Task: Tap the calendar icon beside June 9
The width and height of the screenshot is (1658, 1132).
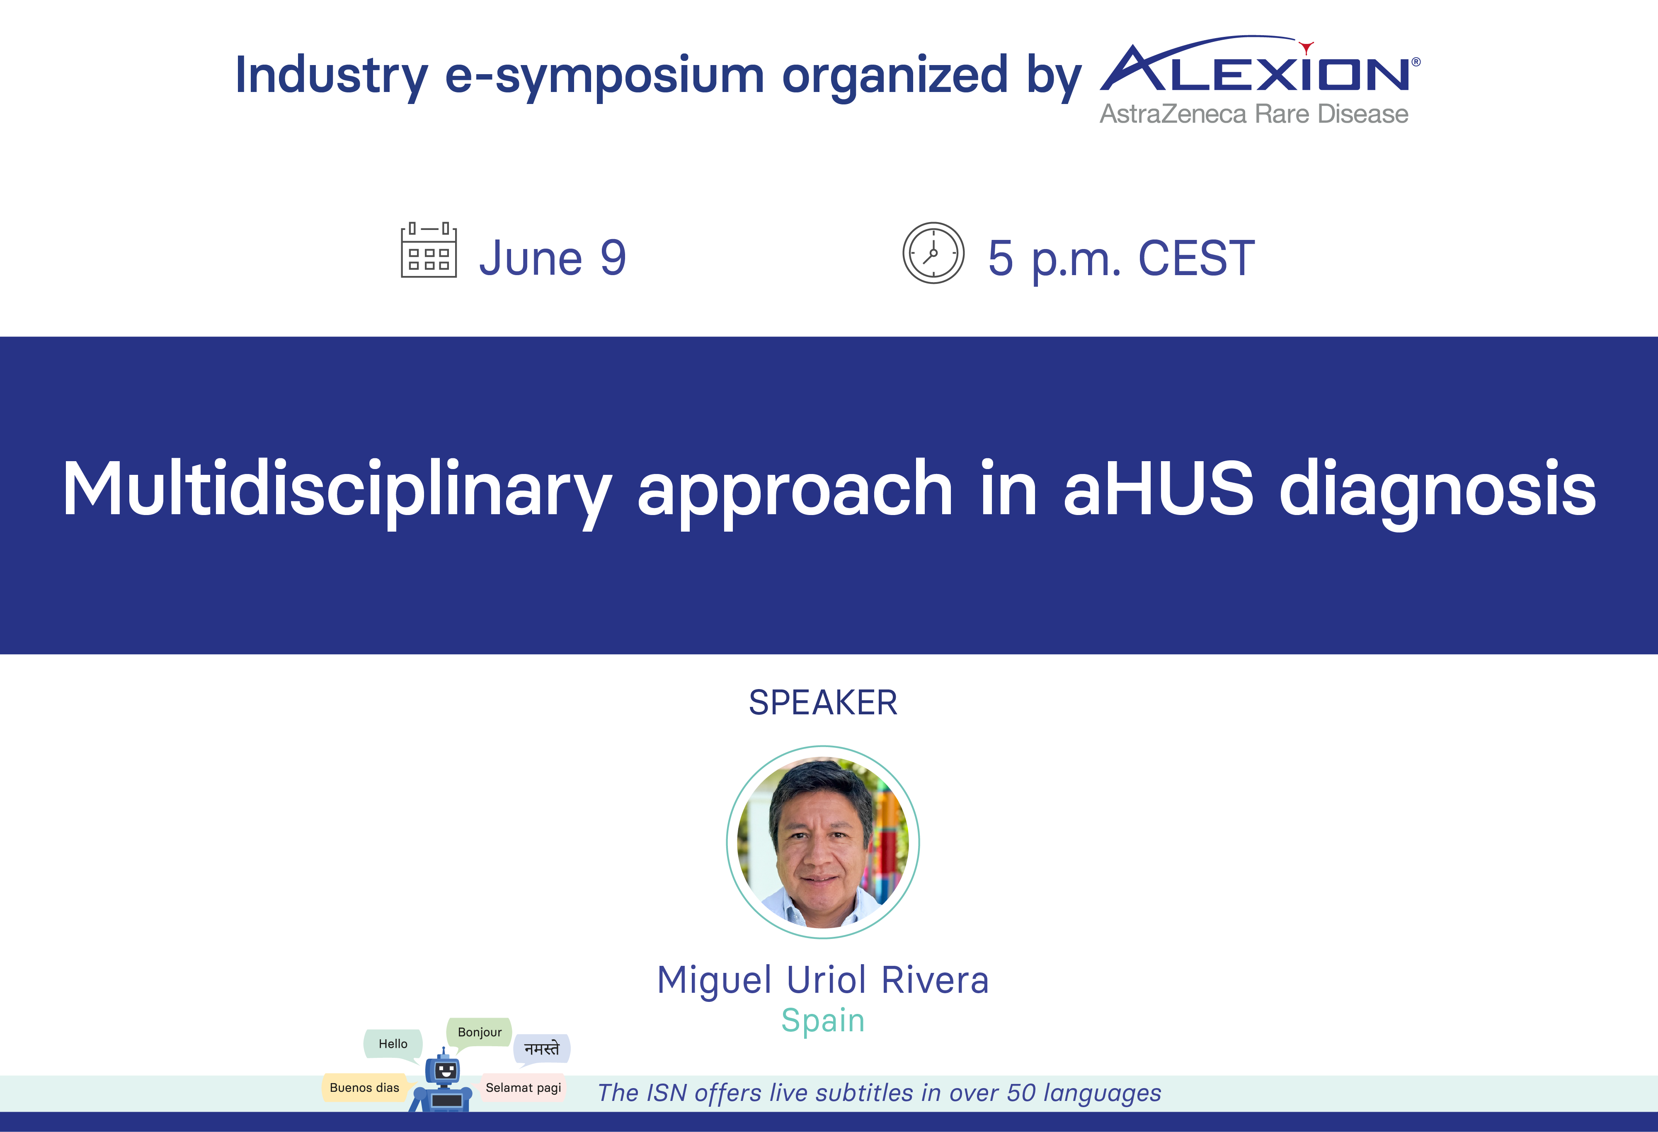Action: click(x=429, y=250)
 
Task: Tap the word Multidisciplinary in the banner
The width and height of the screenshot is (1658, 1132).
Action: click(x=337, y=492)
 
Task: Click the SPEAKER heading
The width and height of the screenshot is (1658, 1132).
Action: click(x=823, y=703)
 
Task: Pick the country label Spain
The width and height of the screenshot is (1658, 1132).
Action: click(x=823, y=1021)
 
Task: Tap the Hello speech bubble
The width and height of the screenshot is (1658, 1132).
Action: click(x=393, y=1044)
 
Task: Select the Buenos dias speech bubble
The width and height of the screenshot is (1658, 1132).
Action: click(x=365, y=1087)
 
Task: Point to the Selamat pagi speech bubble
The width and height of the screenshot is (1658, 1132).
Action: click(x=523, y=1087)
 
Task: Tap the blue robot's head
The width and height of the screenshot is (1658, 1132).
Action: click(x=444, y=1070)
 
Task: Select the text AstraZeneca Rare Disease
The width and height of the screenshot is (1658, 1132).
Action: click(x=1253, y=114)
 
